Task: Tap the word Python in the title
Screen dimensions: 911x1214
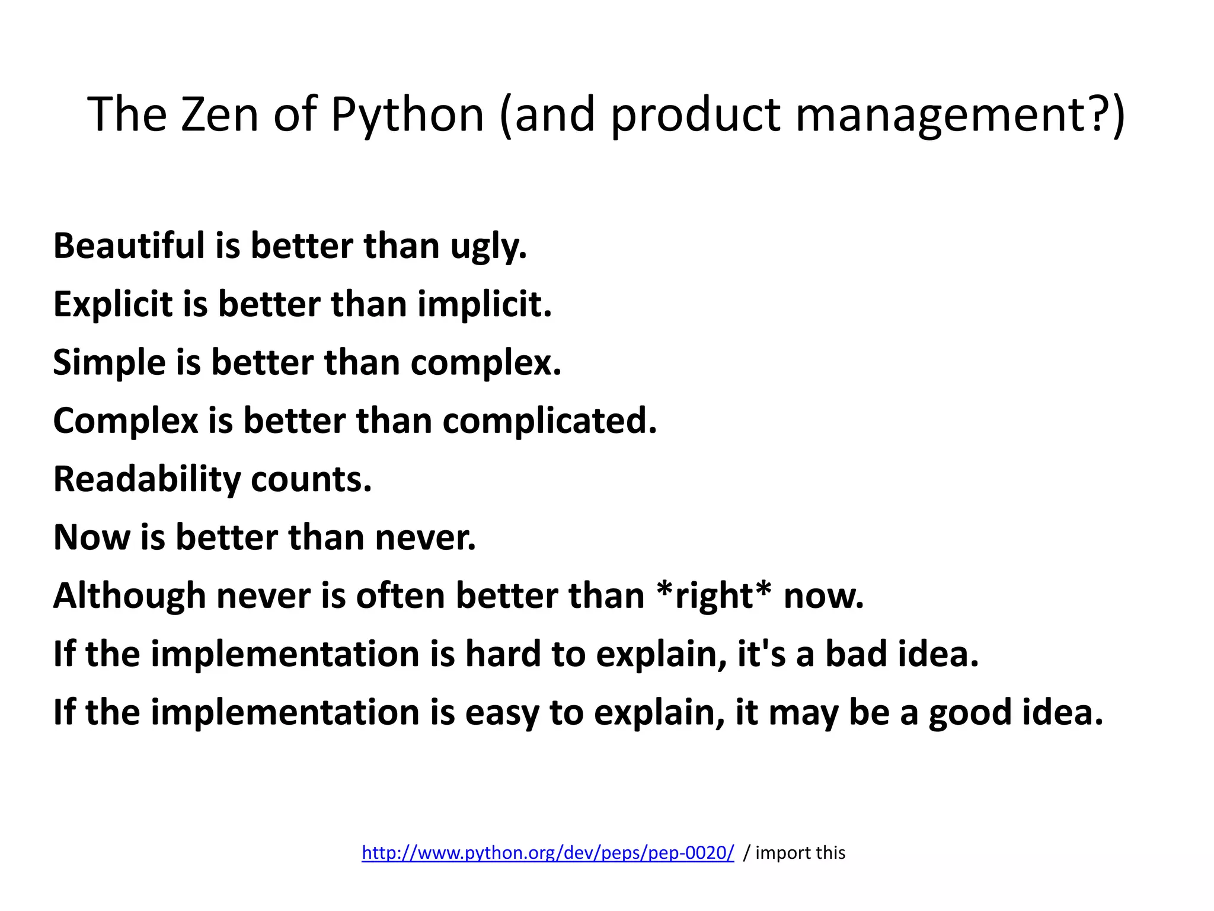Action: (407, 115)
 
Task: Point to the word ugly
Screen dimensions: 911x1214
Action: (488, 247)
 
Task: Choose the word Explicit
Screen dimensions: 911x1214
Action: (113, 304)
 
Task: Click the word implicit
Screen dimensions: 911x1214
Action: (484, 304)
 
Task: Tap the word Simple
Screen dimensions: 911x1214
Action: (109, 362)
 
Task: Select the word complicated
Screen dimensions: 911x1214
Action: (550, 421)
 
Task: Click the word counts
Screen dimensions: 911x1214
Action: (311, 479)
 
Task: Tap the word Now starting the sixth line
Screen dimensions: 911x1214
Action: (91, 537)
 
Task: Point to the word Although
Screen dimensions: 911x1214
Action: (129, 595)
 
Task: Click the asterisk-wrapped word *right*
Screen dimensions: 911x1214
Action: (714, 595)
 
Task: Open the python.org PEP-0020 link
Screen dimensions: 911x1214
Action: (548, 853)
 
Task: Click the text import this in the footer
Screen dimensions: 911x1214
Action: (800, 853)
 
